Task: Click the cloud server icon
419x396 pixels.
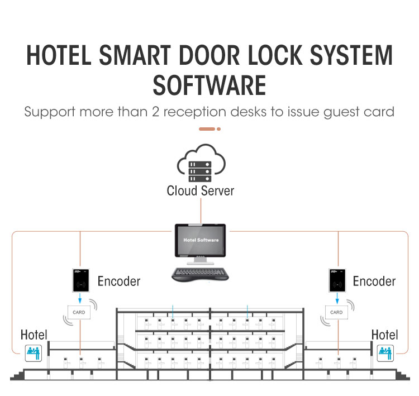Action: click(201, 163)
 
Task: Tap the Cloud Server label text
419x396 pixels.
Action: click(201, 190)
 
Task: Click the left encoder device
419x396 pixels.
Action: click(80, 280)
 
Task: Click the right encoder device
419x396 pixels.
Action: click(337, 280)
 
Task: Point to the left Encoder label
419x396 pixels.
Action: click(119, 281)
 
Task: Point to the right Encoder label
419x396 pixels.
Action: click(374, 281)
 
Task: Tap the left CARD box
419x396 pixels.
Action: click(79, 312)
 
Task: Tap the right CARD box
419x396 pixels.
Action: click(336, 312)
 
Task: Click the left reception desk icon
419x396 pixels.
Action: click(32, 353)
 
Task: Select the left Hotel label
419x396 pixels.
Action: click(34, 335)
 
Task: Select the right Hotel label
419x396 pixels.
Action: click(385, 335)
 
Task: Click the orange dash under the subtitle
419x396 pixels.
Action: click(207, 129)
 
